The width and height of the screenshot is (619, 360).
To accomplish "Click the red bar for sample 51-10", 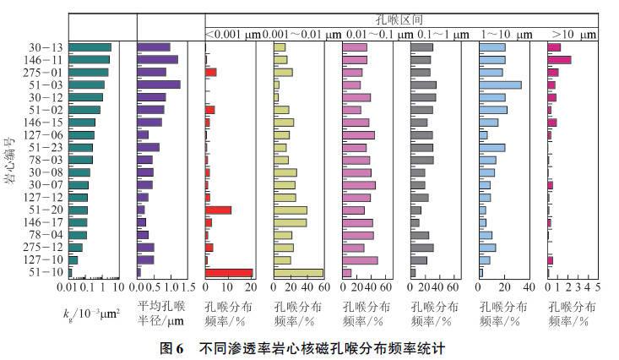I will [229, 272].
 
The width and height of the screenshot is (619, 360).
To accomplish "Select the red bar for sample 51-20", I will [218, 210].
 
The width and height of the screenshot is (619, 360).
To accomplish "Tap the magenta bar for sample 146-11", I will [559, 59].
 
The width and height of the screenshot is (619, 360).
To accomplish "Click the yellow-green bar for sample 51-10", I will [298, 272].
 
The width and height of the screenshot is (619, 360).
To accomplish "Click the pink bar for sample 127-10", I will [360, 259].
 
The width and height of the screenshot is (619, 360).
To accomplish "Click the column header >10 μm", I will [573, 34].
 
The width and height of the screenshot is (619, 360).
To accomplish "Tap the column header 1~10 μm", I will [507, 34].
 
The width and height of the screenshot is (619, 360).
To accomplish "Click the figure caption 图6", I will [172, 347].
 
